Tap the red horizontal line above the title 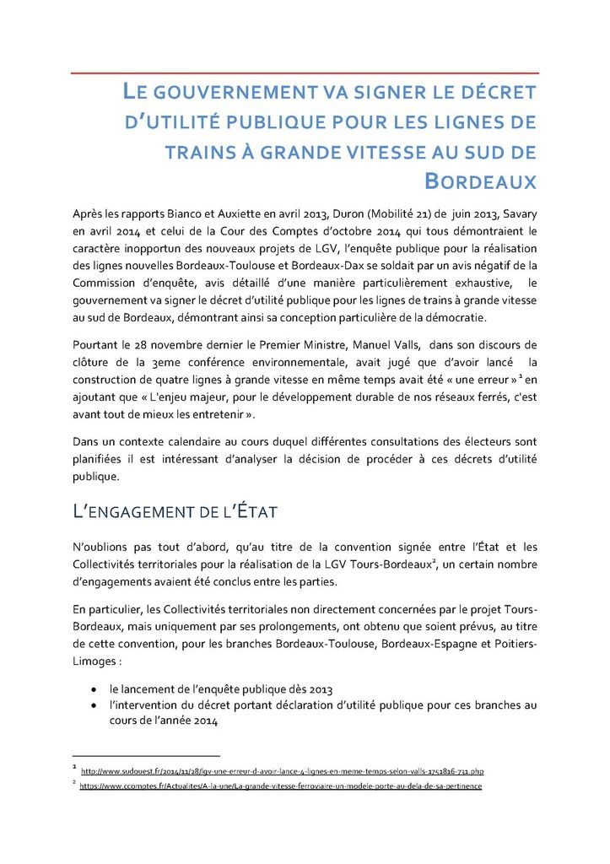[304, 73]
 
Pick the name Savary [517, 210]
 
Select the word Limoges [93, 661]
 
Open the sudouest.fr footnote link [282, 770]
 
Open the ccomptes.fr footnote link [280, 786]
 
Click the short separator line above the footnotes [145, 756]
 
